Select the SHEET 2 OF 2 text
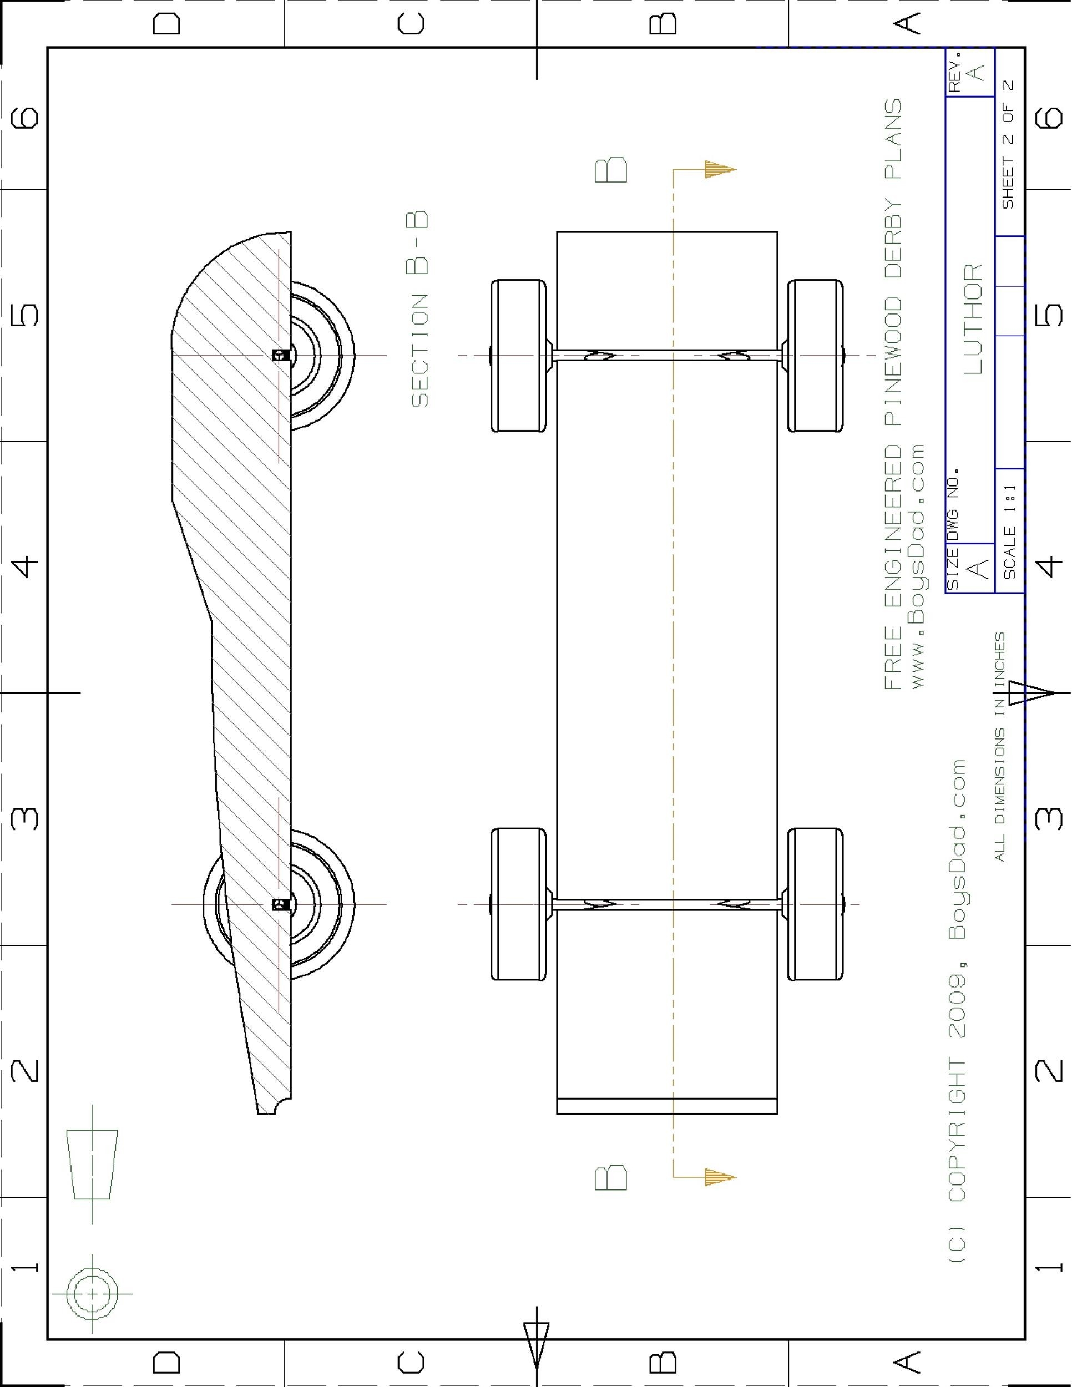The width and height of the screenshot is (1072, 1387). tap(1009, 144)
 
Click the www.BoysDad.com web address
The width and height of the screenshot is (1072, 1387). tap(918, 565)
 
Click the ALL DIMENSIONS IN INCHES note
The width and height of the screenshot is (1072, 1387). tap(1000, 747)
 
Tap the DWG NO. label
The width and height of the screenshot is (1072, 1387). tap(953, 505)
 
